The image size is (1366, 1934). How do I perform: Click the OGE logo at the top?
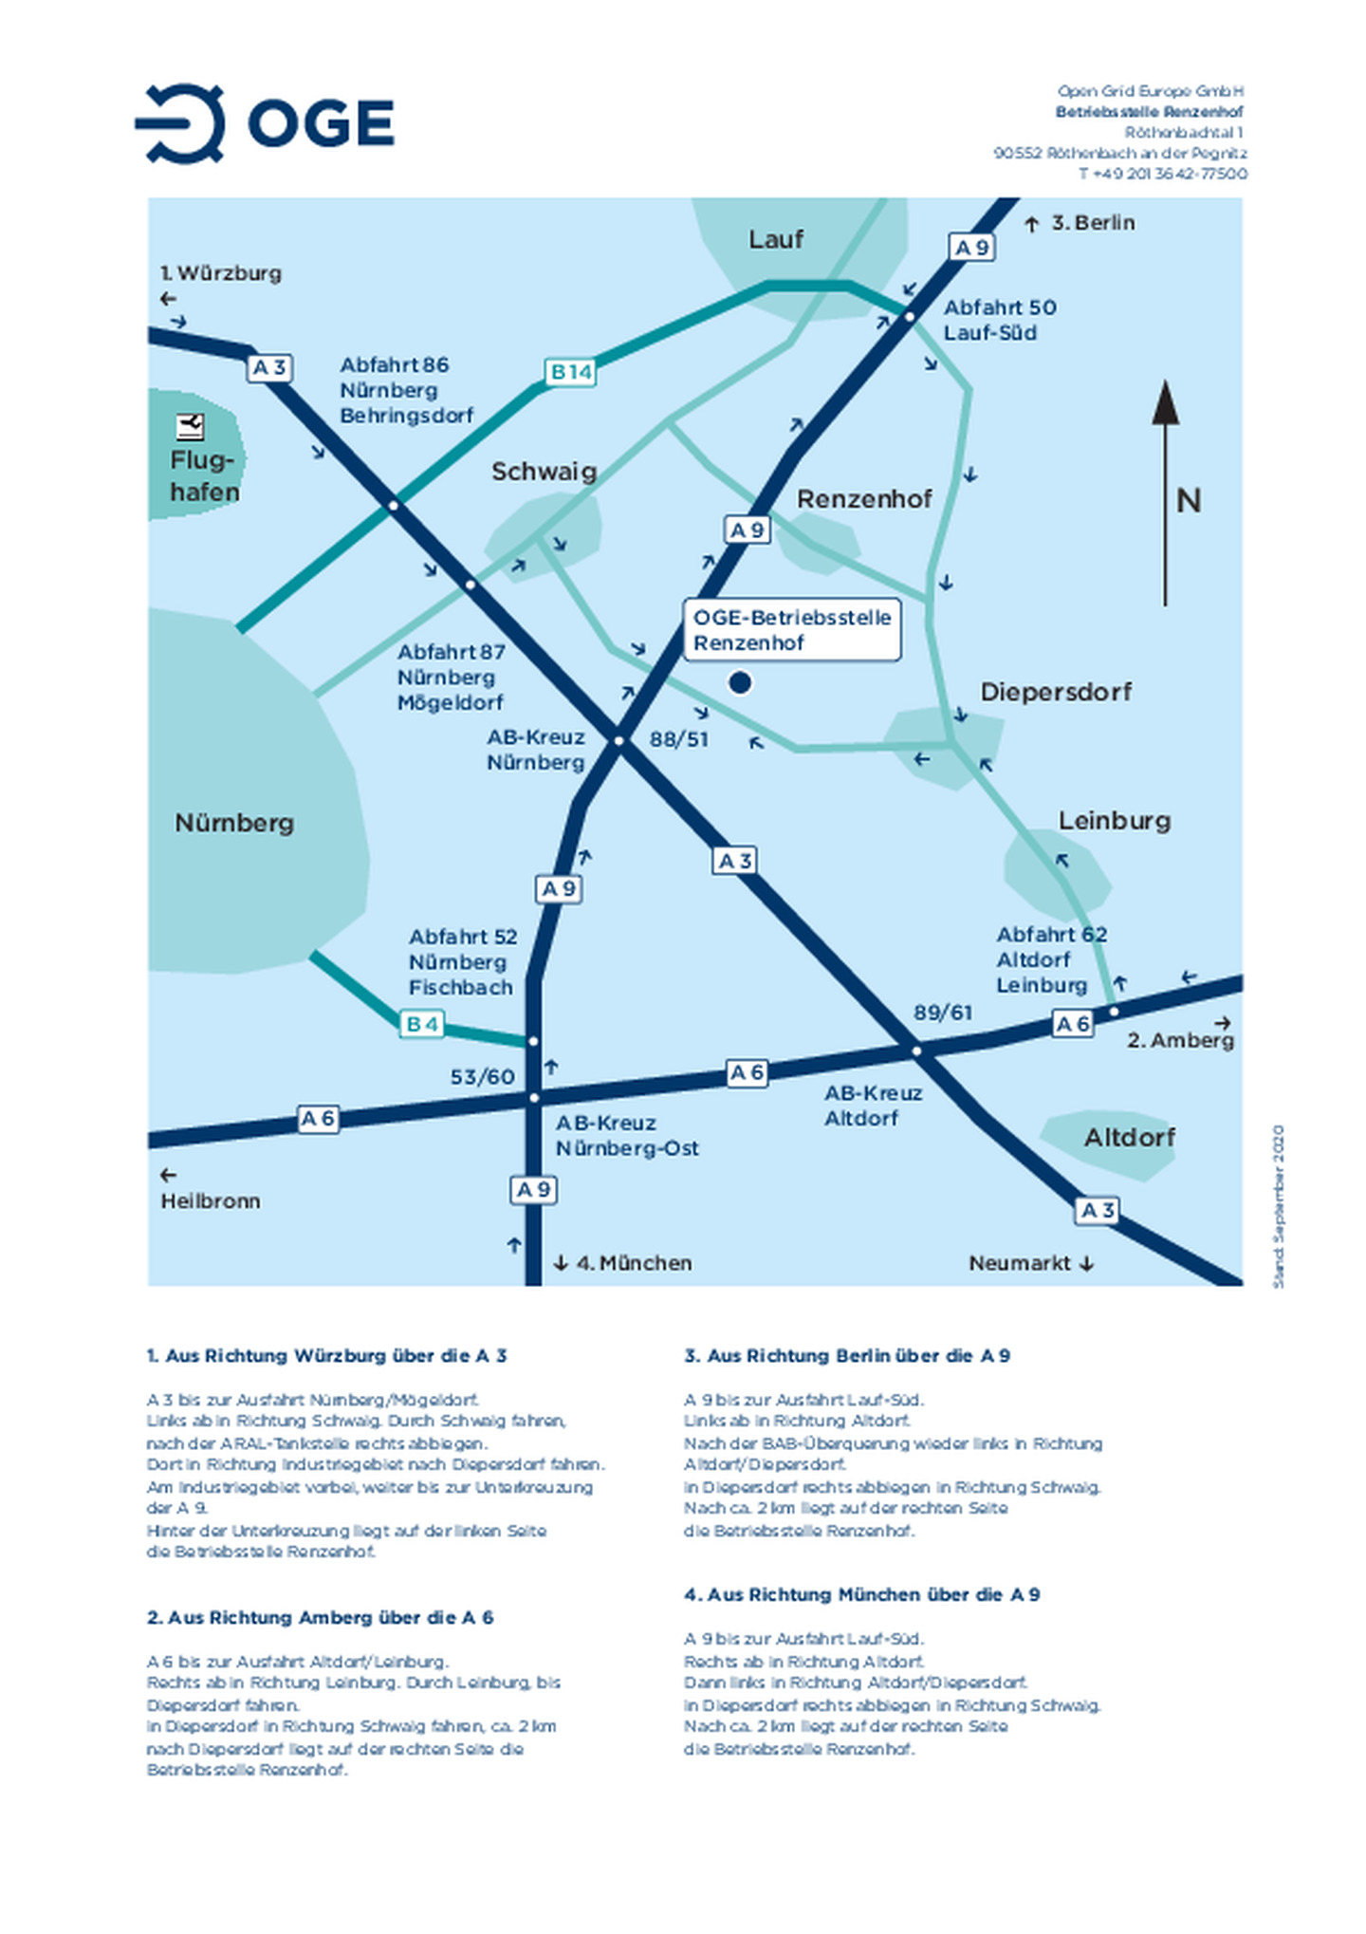pos(265,123)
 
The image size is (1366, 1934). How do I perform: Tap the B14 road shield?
pos(571,372)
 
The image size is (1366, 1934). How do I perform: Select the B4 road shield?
pos(421,1024)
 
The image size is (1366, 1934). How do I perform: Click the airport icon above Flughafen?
pos(191,426)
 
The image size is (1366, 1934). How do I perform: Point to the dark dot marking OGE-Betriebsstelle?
pos(739,682)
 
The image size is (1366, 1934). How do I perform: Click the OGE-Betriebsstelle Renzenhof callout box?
pos(791,629)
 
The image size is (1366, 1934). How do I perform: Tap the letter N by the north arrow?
pos(1188,500)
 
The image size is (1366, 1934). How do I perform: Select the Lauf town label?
pos(775,239)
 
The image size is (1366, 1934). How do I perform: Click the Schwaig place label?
pos(544,472)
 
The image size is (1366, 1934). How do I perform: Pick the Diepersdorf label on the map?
pos(1055,691)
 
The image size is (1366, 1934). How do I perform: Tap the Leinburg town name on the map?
pos(1114,820)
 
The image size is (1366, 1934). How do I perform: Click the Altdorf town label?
pos(1129,1137)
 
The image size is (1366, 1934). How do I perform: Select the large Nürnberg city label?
pos(234,822)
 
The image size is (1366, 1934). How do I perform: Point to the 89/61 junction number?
pos(942,1013)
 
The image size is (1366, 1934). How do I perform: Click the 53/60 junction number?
pos(482,1076)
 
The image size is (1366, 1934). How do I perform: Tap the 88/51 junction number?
pos(678,738)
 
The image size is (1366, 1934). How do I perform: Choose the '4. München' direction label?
pos(633,1263)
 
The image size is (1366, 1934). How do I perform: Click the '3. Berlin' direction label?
pos(1092,223)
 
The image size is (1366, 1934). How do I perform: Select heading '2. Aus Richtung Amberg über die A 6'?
pos(320,1617)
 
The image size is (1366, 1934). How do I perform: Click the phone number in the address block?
pos(1162,174)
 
